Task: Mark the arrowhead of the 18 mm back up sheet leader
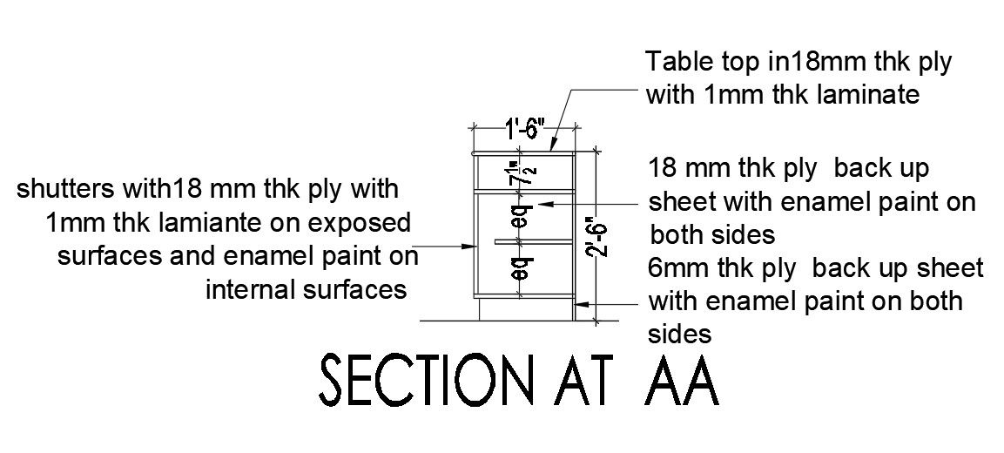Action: (x=541, y=204)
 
